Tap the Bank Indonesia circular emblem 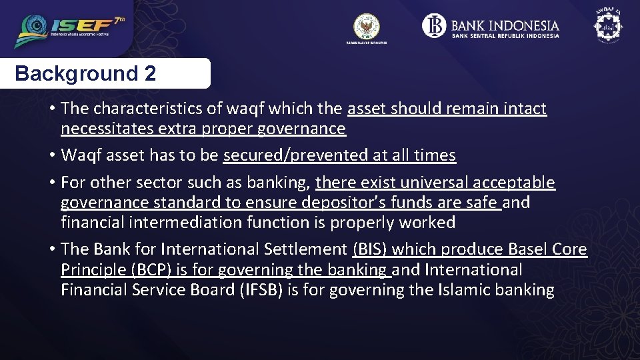[434, 26]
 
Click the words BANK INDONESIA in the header [505, 25]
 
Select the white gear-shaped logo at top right [607, 26]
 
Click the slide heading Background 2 [85, 73]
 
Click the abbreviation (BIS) [369, 249]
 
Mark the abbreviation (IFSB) [254, 290]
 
